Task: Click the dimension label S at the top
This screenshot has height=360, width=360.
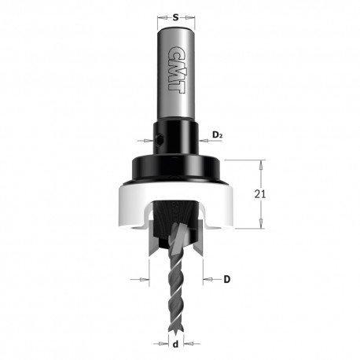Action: [x=176, y=18]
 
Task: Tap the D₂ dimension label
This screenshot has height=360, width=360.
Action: [x=217, y=135]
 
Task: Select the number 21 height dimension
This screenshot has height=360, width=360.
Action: [x=259, y=194]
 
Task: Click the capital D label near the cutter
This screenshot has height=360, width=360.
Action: [x=227, y=279]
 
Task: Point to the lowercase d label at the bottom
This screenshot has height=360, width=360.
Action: [x=176, y=343]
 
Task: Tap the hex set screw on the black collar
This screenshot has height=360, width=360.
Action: [x=159, y=140]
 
